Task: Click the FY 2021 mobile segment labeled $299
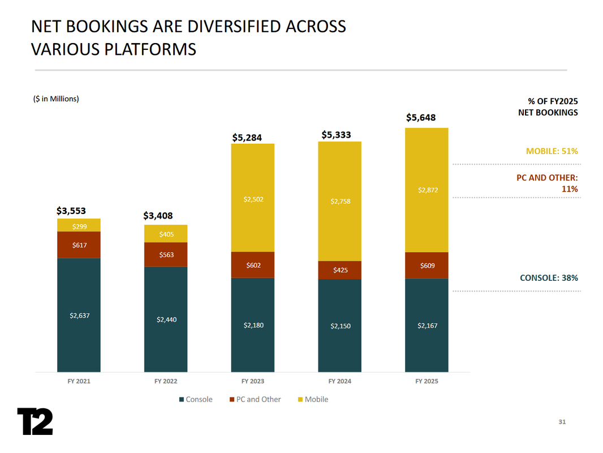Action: point(79,225)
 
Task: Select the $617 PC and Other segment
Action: point(79,245)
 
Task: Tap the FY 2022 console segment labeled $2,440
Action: point(166,319)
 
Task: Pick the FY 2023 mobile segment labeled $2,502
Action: point(253,199)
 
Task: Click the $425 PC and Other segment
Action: point(340,270)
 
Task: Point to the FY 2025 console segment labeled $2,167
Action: point(427,325)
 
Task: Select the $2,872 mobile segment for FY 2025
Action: point(427,190)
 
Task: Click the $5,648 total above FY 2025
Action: point(421,118)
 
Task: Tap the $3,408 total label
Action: point(158,215)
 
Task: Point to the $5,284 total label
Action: point(247,137)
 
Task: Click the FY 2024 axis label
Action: point(340,381)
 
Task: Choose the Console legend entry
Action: point(196,399)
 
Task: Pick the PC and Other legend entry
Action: point(255,399)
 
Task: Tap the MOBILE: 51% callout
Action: point(552,151)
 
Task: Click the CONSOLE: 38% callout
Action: point(549,277)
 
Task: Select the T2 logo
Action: point(35,421)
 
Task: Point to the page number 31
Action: point(562,422)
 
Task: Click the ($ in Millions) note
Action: point(55,99)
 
